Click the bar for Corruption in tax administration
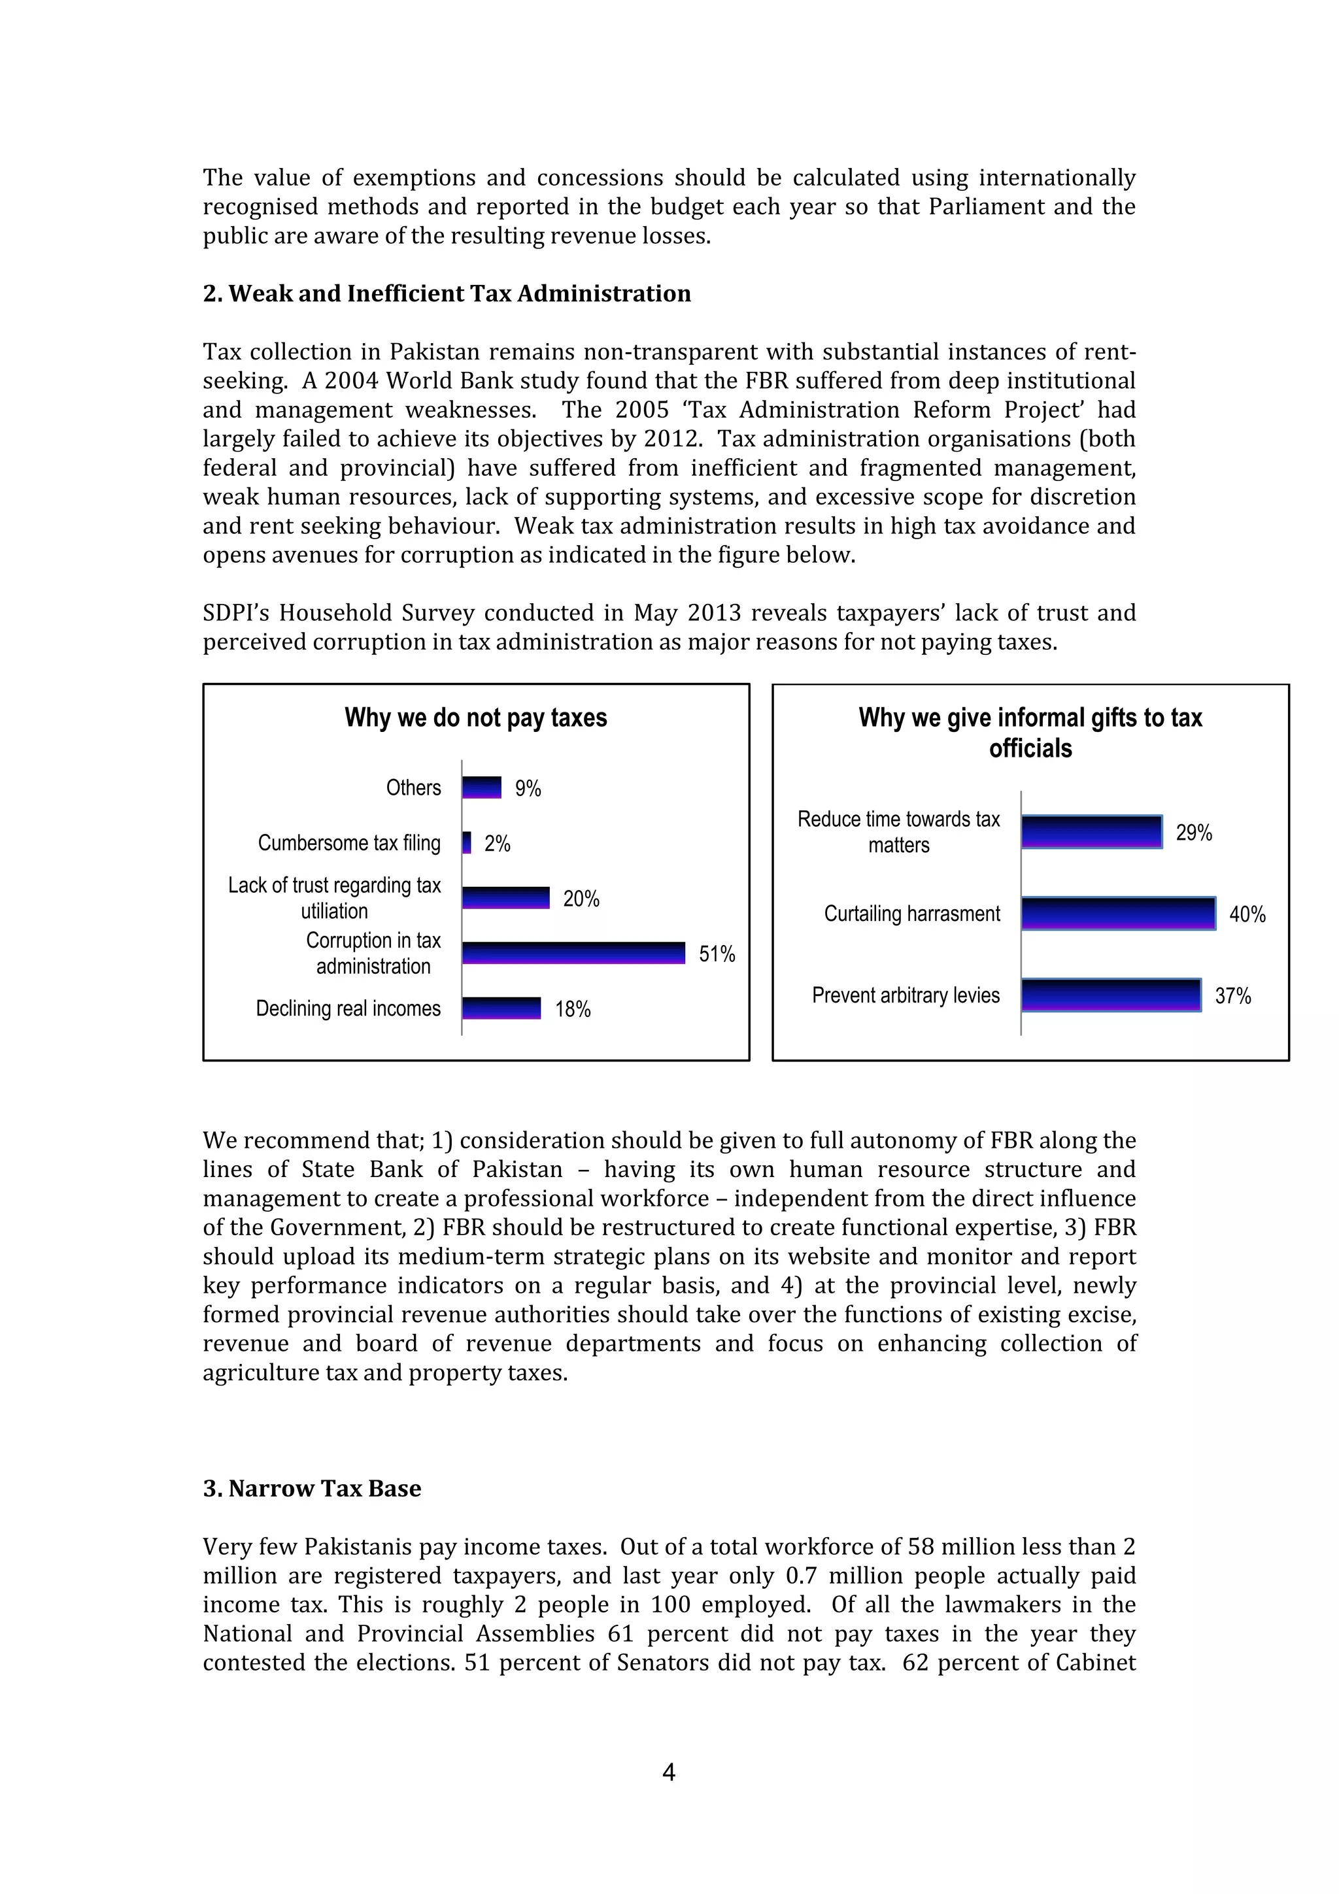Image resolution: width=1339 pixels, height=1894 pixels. (x=573, y=953)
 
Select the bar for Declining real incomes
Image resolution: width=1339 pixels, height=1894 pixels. (x=501, y=1008)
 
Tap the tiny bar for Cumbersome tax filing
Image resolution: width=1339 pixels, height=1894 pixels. (x=467, y=842)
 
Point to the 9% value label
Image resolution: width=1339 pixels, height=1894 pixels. (x=528, y=789)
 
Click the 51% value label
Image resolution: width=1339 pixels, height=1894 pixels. (x=717, y=954)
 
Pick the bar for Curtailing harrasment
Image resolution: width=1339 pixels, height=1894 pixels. (x=1118, y=913)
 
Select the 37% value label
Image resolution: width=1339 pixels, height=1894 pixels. (x=1232, y=997)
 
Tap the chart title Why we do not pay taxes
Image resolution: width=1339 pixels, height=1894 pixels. (x=475, y=718)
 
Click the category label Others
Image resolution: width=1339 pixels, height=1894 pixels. (x=413, y=788)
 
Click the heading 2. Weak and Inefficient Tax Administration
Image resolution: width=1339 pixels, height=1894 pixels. (x=447, y=293)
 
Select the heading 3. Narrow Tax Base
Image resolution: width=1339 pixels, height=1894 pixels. (x=312, y=1488)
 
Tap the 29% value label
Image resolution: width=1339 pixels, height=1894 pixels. (x=1194, y=833)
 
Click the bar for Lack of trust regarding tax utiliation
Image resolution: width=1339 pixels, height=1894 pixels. (x=506, y=897)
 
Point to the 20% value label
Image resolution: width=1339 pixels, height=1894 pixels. (x=581, y=899)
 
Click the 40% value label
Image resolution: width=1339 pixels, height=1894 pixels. (x=1247, y=915)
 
